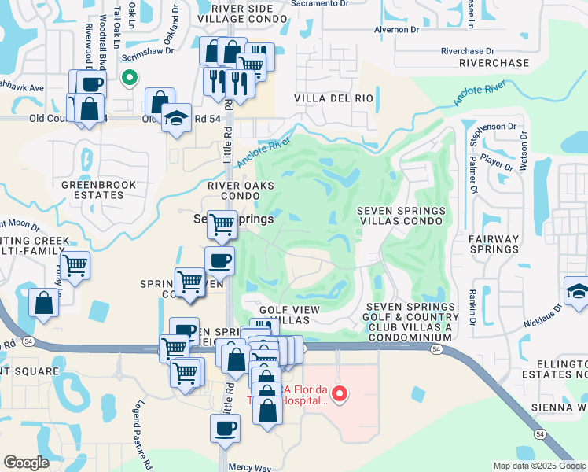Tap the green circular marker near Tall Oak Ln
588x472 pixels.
(x=128, y=77)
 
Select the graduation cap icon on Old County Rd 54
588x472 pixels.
(x=177, y=117)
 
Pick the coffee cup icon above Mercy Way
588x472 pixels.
(x=225, y=429)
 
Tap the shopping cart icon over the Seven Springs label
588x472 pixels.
(x=222, y=224)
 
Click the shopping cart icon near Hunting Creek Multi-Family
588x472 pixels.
(x=75, y=266)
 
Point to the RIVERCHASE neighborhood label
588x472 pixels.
(x=494, y=63)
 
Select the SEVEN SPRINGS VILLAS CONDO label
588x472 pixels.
(x=402, y=216)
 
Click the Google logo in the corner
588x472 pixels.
(x=26, y=462)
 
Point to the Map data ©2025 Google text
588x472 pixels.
(x=538, y=466)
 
